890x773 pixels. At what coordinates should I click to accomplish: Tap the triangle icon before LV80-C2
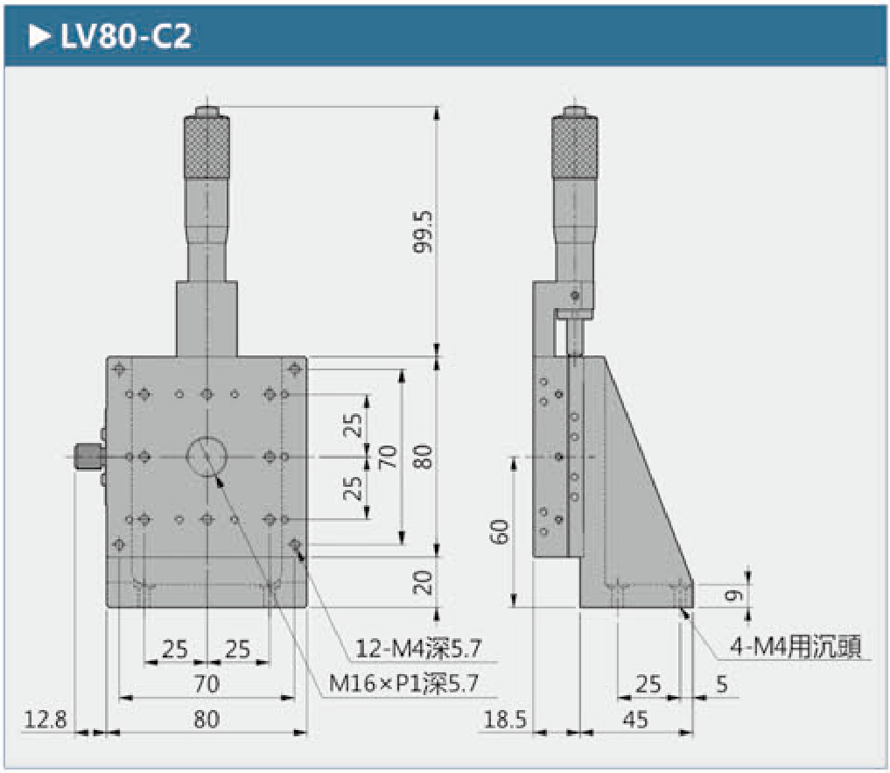[x=39, y=37]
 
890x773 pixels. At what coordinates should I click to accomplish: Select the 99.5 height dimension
[x=424, y=231]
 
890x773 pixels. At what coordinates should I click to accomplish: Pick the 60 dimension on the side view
[x=500, y=531]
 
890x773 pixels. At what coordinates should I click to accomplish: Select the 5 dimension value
[x=721, y=685]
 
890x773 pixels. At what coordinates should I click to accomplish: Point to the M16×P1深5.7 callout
[x=403, y=685]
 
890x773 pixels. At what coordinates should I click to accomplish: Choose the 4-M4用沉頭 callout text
[x=795, y=647]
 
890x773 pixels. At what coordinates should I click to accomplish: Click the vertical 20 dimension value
[x=424, y=582]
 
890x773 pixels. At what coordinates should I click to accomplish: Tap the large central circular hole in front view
[x=207, y=456]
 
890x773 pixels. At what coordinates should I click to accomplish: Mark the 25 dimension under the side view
[x=648, y=685]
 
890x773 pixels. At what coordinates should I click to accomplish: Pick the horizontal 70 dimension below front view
[x=207, y=685]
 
